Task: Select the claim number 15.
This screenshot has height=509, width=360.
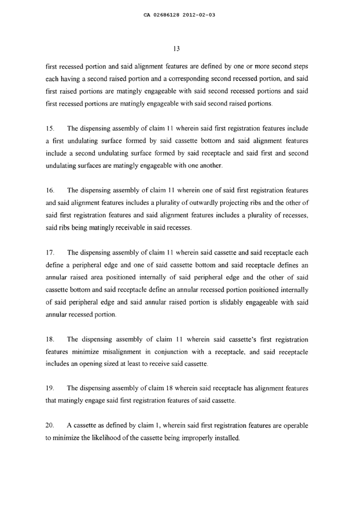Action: pyautogui.click(x=50, y=128)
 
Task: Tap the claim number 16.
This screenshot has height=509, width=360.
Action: pyautogui.click(x=50, y=191)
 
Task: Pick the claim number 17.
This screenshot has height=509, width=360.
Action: pyautogui.click(x=50, y=254)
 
